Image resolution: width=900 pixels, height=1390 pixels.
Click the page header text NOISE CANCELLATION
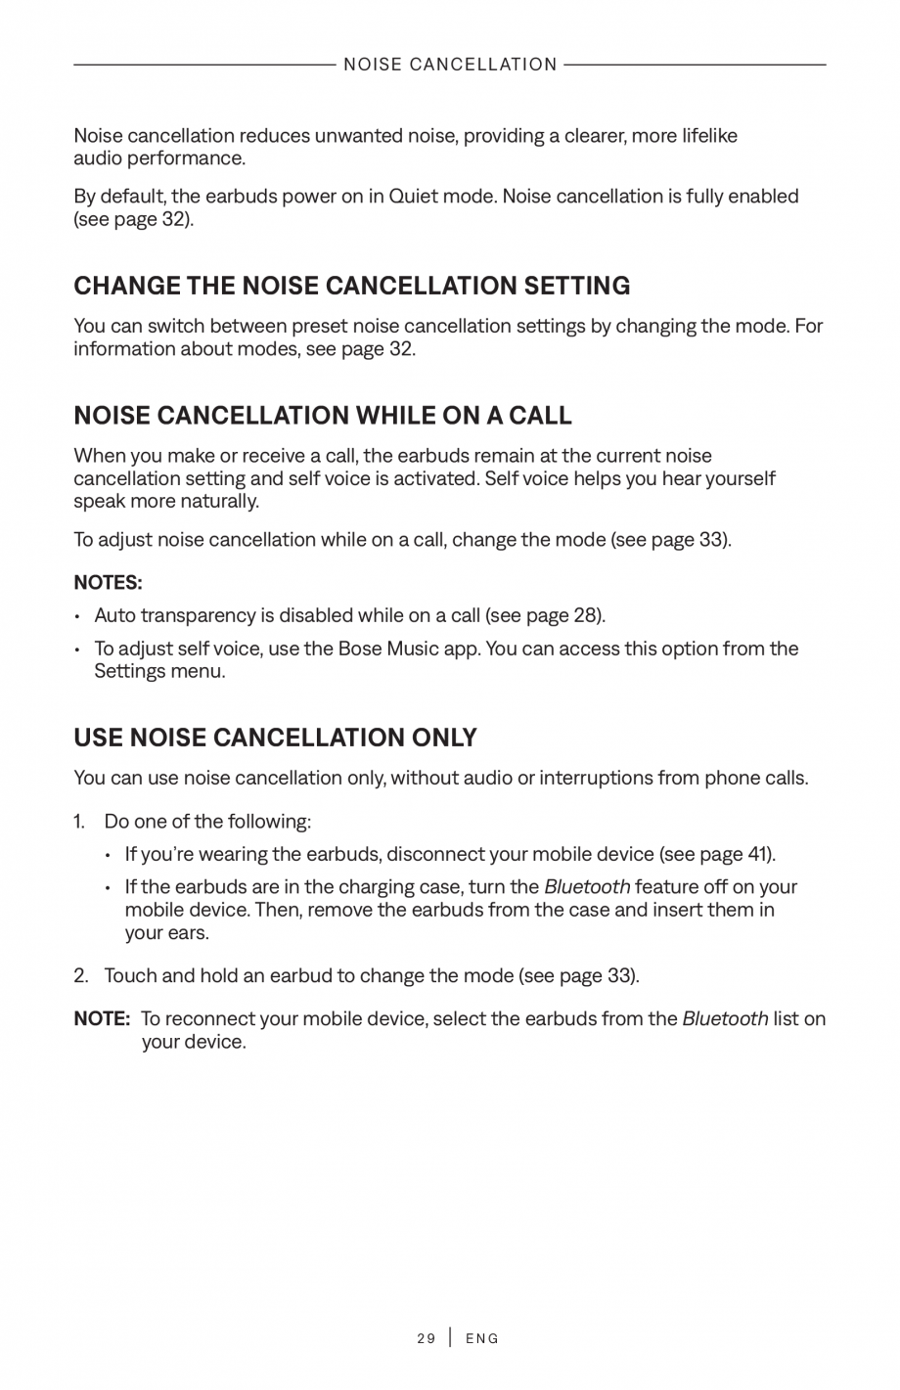pos(450,65)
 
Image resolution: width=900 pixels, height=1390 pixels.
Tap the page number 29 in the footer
pos(426,1338)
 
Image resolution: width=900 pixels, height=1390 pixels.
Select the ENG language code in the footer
pos(482,1338)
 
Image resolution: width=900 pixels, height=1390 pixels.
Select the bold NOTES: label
pos(108,583)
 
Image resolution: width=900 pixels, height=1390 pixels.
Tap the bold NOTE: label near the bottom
pos(102,1019)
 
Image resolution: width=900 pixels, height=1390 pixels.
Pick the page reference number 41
pos(757,854)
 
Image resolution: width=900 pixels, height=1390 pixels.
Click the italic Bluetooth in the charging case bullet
pos(587,887)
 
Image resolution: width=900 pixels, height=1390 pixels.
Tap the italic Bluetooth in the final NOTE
pos(725,1019)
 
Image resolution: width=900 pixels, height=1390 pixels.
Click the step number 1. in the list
pos(81,821)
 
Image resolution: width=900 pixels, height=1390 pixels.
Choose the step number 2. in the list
pos(82,976)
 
